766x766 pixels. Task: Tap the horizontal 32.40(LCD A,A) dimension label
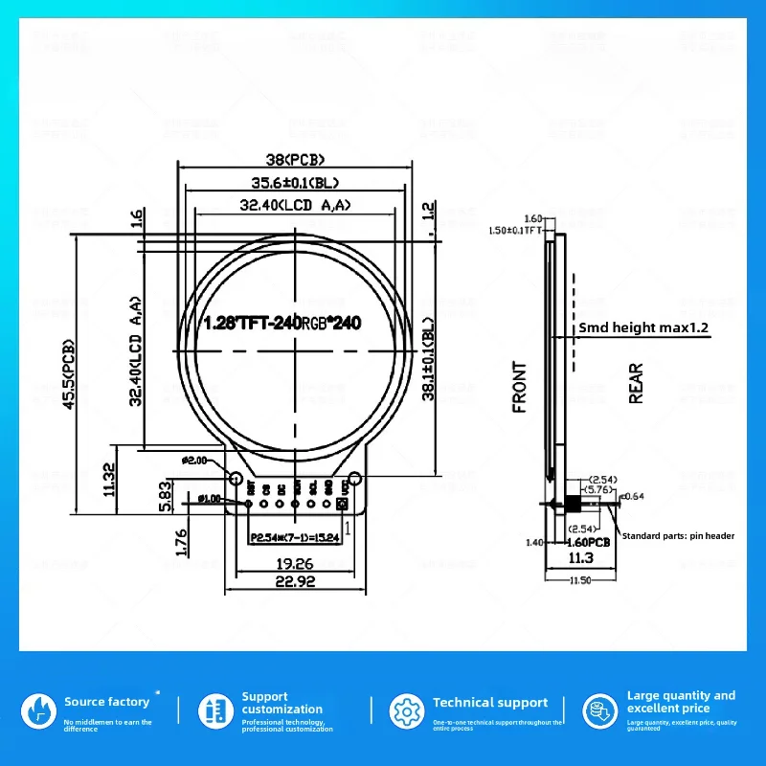[295, 204]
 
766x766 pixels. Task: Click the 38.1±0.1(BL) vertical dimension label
[428, 359]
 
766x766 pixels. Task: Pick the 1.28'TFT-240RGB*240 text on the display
[282, 324]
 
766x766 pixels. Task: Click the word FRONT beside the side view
[520, 387]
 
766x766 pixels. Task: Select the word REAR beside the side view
[636, 383]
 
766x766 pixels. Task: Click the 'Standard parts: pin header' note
[678, 536]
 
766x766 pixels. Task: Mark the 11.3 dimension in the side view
[580, 557]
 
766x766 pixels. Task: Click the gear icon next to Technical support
[404, 711]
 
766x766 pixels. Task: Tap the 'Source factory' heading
[106, 702]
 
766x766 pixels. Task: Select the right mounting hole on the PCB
[354, 478]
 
